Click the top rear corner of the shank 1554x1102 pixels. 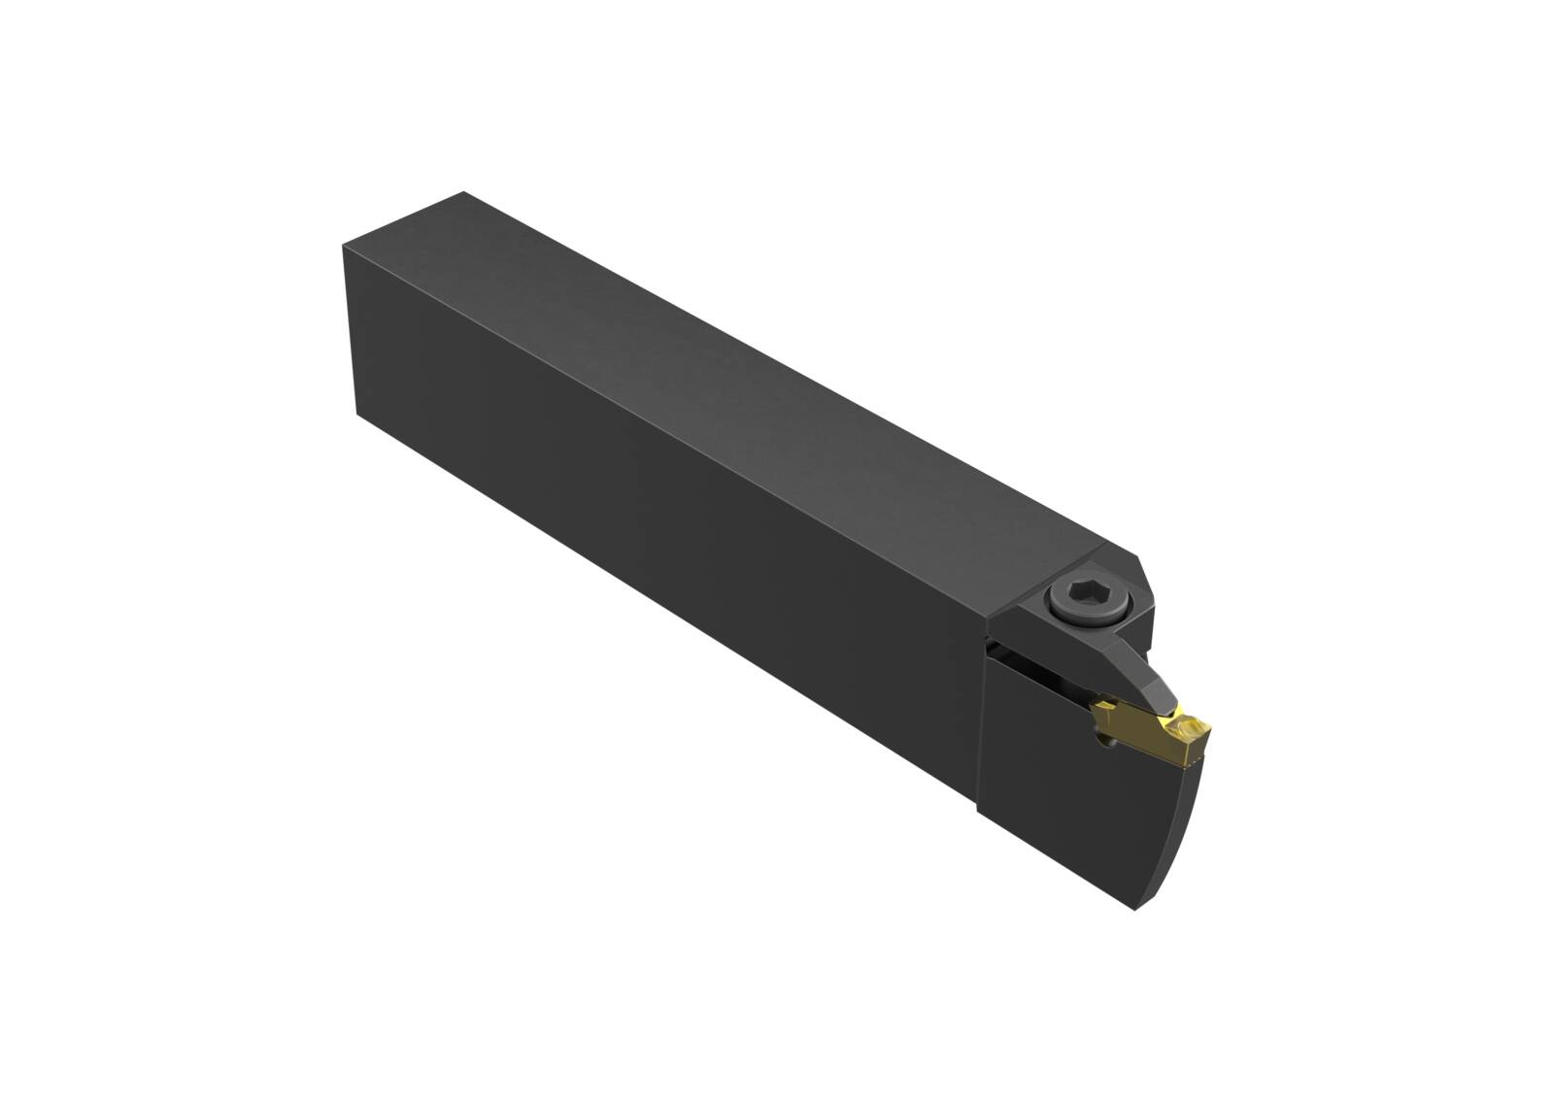click(x=463, y=193)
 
